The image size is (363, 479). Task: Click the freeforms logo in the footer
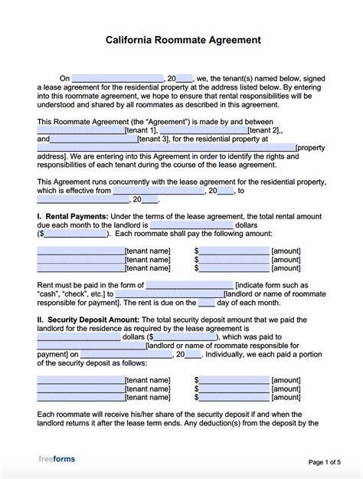click(57, 459)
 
